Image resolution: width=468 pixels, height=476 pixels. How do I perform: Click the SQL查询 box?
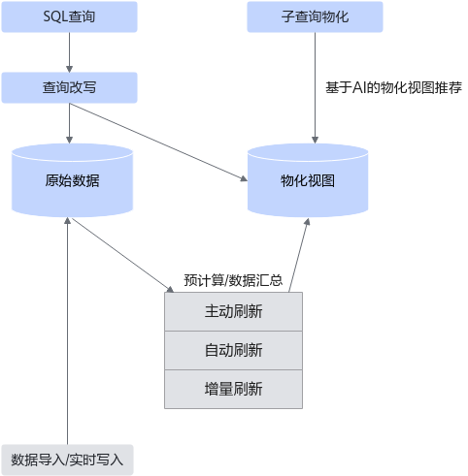(x=69, y=16)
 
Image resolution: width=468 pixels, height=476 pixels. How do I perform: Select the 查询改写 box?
(x=69, y=87)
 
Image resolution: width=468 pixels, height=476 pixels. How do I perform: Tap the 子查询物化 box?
(x=315, y=16)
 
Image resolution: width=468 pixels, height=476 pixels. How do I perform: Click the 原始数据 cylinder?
(x=72, y=180)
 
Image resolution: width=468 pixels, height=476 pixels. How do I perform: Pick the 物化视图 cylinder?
(x=308, y=180)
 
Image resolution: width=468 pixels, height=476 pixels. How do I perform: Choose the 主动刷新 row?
(x=233, y=311)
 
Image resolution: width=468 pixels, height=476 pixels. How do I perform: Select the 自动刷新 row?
(x=233, y=350)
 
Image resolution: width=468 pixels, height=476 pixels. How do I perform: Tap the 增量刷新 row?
(x=233, y=389)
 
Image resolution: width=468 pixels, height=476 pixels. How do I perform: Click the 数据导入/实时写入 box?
(x=67, y=460)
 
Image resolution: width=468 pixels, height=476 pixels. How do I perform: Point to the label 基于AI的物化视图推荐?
(x=393, y=87)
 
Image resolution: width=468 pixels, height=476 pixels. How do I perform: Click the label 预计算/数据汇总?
(x=233, y=280)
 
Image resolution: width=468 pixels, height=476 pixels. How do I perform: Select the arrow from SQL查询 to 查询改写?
(x=69, y=52)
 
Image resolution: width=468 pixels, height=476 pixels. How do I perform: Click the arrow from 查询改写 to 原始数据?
(x=69, y=123)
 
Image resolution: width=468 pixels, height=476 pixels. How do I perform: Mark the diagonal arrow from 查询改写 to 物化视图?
(x=158, y=143)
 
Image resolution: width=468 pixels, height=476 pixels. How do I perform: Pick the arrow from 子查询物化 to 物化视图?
(x=315, y=88)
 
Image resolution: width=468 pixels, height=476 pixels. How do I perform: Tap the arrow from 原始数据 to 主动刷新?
(x=122, y=255)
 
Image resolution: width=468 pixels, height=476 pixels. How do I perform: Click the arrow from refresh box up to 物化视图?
(x=299, y=255)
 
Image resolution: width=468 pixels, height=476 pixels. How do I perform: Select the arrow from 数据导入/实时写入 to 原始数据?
(x=67, y=331)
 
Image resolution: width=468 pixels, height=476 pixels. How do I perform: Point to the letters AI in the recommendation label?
(x=358, y=87)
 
